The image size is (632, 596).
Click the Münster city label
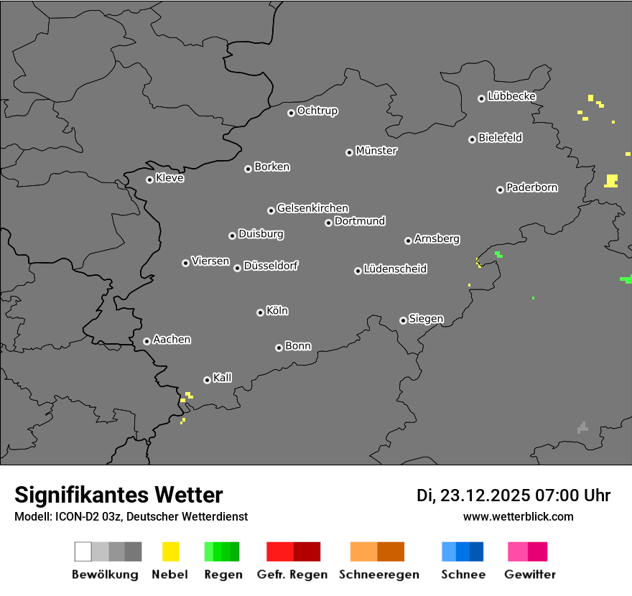[x=376, y=151]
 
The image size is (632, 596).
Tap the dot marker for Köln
[x=260, y=312]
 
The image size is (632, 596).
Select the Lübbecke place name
[x=511, y=96]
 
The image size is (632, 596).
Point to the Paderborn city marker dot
[x=500, y=190]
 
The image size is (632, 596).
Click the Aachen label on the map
[x=172, y=340]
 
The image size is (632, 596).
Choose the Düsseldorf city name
[x=271, y=266]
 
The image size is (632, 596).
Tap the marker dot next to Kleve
[x=149, y=180]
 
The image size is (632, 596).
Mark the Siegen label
[x=426, y=319]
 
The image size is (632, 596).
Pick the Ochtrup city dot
[x=291, y=112]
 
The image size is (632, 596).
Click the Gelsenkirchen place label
[x=312, y=208]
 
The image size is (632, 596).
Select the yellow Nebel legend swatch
[x=170, y=551]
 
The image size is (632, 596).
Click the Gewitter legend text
[x=530, y=574]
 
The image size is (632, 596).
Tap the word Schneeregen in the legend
[x=378, y=574]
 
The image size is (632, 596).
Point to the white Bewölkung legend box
[x=83, y=551]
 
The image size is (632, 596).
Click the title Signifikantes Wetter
[x=118, y=495]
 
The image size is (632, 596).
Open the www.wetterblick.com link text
[x=518, y=516]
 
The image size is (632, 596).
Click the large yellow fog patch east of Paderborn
[x=611, y=180]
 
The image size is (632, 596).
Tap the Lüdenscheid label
[x=395, y=269]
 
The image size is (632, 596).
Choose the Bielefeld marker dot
[x=472, y=139]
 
